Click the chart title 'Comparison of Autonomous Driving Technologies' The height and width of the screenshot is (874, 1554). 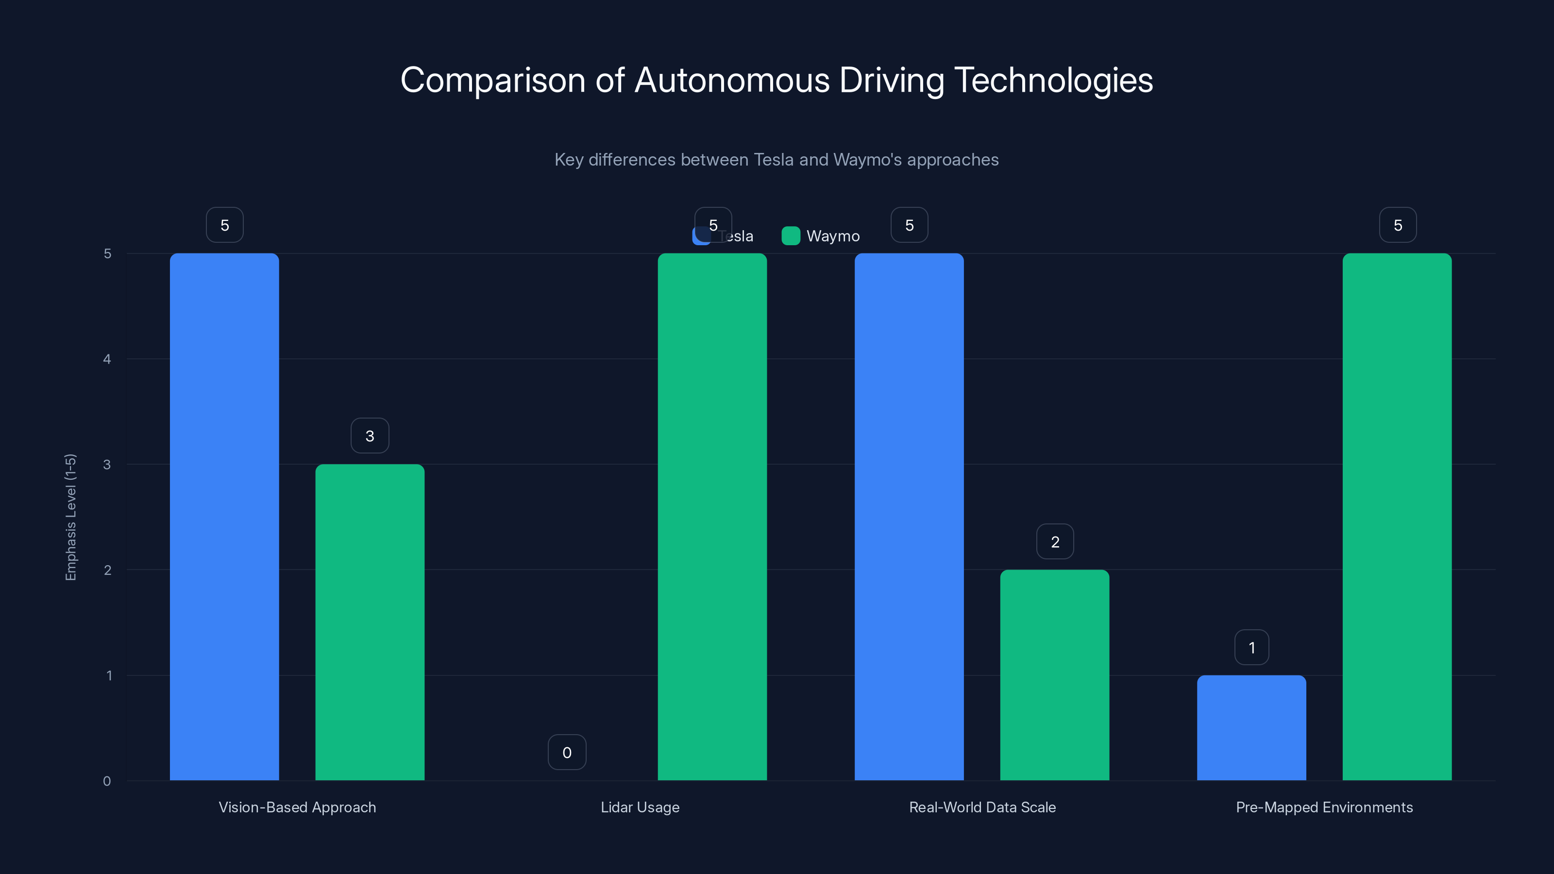point(777,80)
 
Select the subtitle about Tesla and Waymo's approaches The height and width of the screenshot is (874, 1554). point(777,160)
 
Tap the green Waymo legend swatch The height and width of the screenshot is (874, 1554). point(790,236)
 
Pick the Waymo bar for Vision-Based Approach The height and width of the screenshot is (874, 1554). point(370,622)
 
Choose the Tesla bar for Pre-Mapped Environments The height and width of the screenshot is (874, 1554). point(1251,727)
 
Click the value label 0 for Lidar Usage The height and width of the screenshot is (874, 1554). point(566,752)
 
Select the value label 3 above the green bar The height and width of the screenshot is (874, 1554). point(370,436)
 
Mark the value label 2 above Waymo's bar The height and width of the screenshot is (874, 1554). point(1054,542)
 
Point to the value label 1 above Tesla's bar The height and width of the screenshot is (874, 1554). point(1251,647)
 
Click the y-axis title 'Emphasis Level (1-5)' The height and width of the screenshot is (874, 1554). point(70,517)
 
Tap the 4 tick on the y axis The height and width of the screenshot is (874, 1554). point(107,359)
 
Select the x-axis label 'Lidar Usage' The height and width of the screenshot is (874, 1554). point(640,807)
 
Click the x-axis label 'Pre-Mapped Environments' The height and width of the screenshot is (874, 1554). point(1324,807)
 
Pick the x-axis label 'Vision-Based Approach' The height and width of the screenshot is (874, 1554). point(297,807)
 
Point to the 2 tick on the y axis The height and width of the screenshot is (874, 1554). point(107,570)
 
